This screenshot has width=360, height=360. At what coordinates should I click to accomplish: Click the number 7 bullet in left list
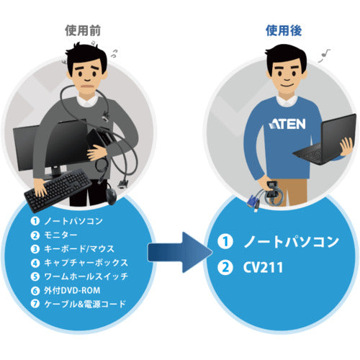(x=34, y=304)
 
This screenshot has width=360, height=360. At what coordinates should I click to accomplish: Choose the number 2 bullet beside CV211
(x=226, y=268)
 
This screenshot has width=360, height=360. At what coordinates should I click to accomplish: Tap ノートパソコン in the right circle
(x=287, y=241)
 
